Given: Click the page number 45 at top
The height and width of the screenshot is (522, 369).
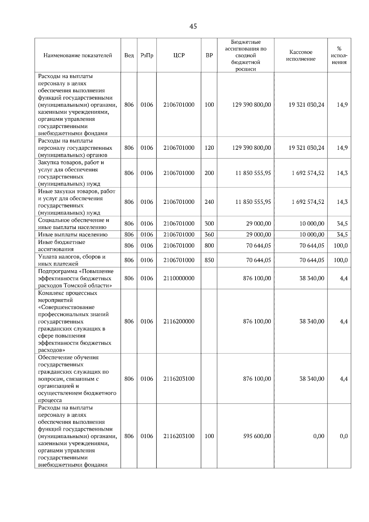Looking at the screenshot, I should [193, 26].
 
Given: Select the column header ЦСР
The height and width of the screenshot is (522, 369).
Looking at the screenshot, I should [179, 55].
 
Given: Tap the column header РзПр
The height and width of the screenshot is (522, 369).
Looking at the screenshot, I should [147, 55].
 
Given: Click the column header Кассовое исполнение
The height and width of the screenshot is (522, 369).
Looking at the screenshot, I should [301, 55].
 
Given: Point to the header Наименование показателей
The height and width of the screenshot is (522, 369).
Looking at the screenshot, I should [77, 55].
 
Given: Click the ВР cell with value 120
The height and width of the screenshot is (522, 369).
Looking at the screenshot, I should [209, 148].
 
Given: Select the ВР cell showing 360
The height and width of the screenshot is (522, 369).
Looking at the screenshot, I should [209, 235].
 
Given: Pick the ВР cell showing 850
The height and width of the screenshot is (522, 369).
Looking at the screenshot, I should [209, 260].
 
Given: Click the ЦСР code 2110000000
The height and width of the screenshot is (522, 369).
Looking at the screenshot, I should [179, 278].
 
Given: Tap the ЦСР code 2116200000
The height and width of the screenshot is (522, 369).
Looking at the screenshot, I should [179, 321].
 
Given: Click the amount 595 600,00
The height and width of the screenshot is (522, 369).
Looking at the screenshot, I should [257, 436].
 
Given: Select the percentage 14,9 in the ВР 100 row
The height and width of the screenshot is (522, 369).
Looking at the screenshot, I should [342, 105].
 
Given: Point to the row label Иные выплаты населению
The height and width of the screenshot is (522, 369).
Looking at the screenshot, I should [73, 235].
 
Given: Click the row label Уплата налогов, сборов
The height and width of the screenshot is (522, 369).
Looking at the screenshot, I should [72, 257].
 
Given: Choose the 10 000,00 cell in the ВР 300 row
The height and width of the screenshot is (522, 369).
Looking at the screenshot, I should [312, 223].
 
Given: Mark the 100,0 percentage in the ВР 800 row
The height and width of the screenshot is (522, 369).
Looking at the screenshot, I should [341, 245].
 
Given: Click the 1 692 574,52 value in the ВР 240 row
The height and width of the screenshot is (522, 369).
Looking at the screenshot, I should [308, 202].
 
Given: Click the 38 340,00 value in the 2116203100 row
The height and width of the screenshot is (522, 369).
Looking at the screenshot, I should [312, 379].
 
